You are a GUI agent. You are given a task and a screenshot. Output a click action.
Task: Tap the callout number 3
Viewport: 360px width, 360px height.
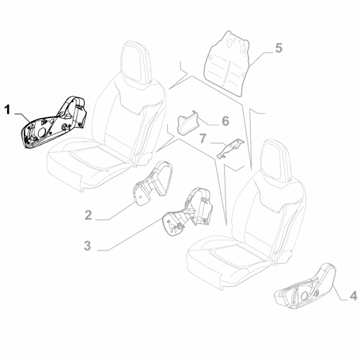88,246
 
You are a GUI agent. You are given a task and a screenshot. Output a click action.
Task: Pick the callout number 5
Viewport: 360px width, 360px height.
279,49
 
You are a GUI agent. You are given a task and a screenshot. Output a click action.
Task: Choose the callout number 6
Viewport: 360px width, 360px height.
225,120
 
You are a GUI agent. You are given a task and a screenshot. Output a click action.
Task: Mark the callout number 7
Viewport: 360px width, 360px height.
203,137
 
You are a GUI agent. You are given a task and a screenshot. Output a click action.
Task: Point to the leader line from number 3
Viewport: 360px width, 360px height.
133,238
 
